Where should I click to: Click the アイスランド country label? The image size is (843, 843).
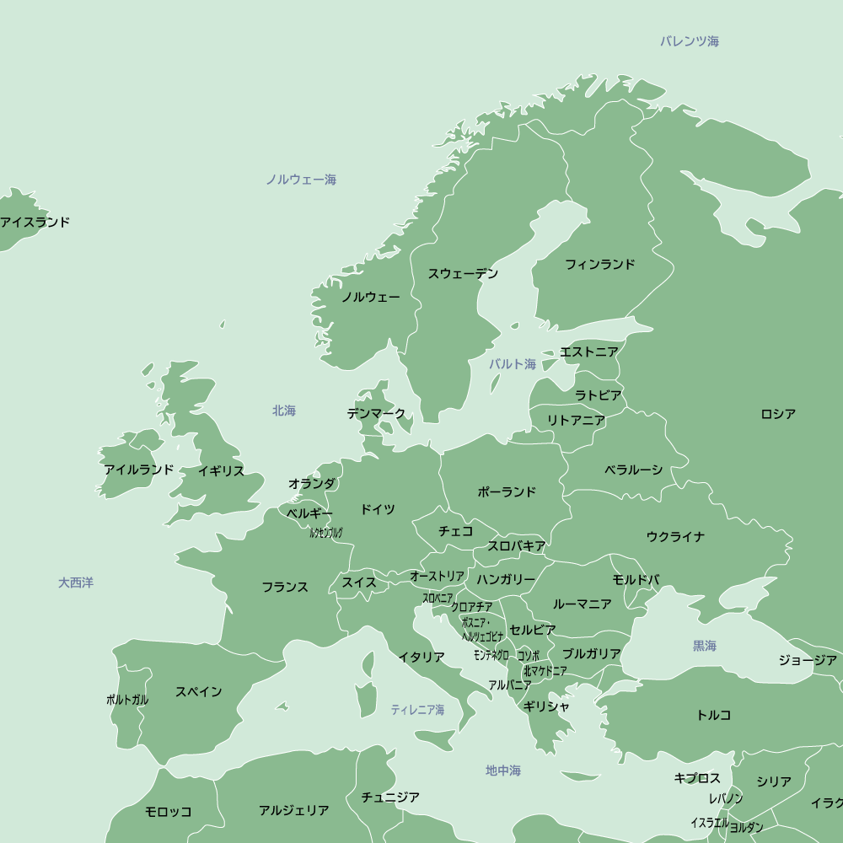[x=35, y=223]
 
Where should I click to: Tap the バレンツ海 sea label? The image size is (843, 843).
[x=690, y=41]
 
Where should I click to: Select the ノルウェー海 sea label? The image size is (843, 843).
[x=301, y=180]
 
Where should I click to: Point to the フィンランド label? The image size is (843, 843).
[x=599, y=265]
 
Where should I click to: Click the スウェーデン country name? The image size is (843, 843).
[x=463, y=274]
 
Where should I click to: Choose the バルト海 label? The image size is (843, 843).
[x=513, y=364]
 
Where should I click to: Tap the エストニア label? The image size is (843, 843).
[x=588, y=352]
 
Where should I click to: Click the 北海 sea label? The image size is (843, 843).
[x=284, y=411]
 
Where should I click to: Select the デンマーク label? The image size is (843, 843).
[x=376, y=414]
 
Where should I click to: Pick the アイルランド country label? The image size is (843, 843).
[x=139, y=470]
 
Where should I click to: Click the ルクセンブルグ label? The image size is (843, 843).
[x=326, y=533]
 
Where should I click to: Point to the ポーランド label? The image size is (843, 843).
[x=507, y=492]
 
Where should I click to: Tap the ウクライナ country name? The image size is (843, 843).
[x=675, y=537]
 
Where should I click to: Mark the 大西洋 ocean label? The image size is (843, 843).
[x=76, y=583]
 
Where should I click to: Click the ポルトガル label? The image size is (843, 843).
[x=127, y=700]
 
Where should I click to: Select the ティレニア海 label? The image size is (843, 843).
[x=417, y=711]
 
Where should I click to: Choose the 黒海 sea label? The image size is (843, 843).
[x=705, y=646]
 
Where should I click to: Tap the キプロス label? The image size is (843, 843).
[x=697, y=778]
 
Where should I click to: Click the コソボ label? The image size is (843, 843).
[x=529, y=655]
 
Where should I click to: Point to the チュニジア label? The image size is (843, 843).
[x=390, y=797]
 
